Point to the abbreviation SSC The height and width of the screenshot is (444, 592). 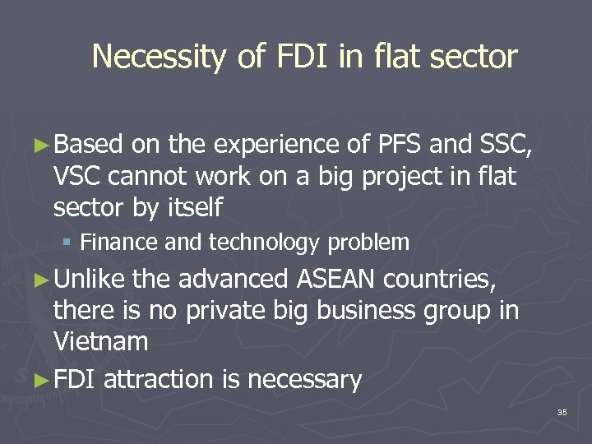pyautogui.click(x=507, y=146)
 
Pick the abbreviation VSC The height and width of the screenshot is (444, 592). pyautogui.click(x=80, y=176)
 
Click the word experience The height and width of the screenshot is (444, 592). pyautogui.click(x=276, y=146)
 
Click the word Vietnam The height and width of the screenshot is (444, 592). pyautogui.click(x=100, y=340)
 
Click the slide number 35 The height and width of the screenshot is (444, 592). pyautogui.click(x=562, y=412)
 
